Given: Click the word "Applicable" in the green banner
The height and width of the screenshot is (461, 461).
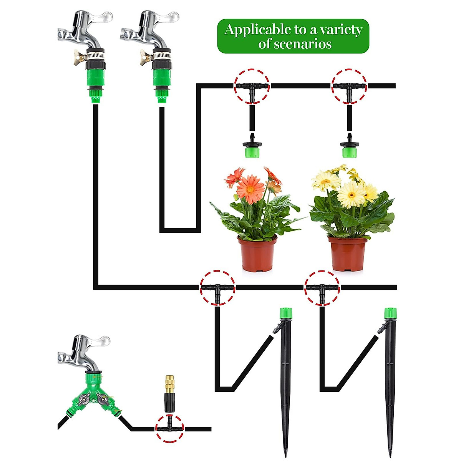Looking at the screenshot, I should [x=252, y=30].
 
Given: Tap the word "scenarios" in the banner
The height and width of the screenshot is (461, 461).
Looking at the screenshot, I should [x=303, y=44].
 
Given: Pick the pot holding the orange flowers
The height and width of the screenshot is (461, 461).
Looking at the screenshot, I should [x=257, y=254].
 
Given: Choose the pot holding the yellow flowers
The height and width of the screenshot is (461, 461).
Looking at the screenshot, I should [x=347, y=254].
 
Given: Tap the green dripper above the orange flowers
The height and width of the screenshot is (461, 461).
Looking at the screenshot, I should [x=252, y=150].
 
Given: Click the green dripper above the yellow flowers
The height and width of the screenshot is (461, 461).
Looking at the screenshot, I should [x=349, y=150].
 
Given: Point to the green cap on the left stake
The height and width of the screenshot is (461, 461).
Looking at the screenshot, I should [x=285, y=313].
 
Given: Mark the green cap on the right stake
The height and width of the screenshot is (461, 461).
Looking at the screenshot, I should [x=390, y=313].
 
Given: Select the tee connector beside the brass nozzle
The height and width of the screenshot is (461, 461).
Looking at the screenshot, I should [x=169, y=428].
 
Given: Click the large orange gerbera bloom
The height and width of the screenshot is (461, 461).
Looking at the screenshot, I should [x=250, y=188].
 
